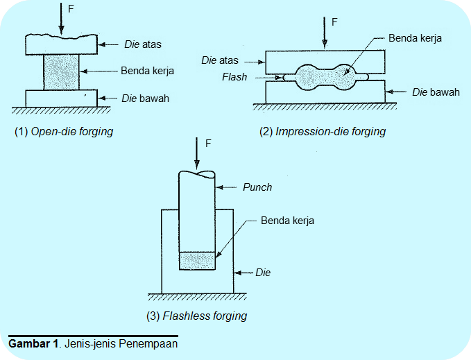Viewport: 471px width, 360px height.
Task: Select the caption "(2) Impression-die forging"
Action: click(323, 132)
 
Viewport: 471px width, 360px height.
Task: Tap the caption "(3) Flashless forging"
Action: click(197, 316)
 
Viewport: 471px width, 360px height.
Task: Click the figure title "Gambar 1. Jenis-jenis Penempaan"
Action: click(93, 344)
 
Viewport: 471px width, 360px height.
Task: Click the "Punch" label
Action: click(257, 187)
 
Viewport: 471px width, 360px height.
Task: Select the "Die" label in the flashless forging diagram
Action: click(263, 273)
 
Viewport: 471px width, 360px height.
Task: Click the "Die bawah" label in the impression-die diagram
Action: click(436, 92)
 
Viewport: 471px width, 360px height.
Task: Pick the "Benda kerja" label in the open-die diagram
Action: click(147, 71)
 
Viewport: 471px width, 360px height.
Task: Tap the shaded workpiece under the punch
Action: click(198, 261)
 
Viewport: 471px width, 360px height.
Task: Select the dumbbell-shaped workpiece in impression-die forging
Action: click(324, 76)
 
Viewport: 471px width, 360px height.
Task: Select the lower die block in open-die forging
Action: click(61, 98)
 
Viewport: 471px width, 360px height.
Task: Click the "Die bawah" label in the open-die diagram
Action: click(146, 98)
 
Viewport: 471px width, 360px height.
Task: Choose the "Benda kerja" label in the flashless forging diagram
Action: click(287, 221)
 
